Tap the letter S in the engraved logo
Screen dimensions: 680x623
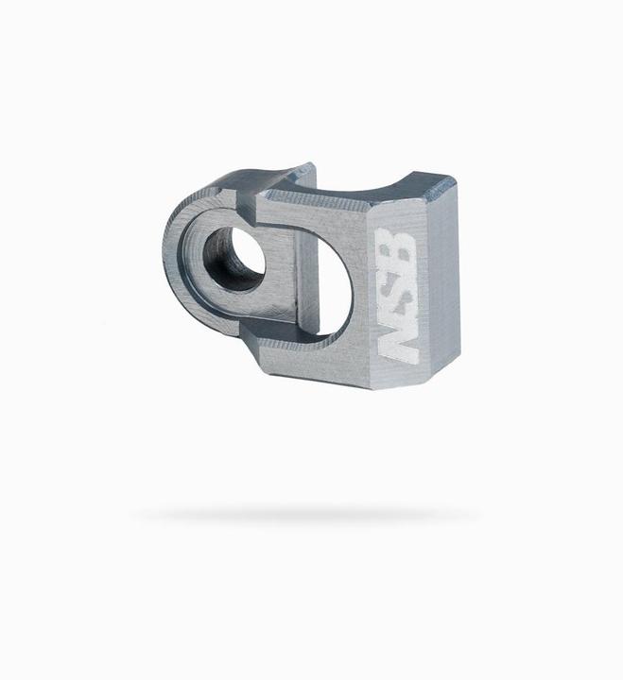[399, 291]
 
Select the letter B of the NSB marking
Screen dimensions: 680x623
[400, 248]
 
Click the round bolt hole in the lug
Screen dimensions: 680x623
[234, 258]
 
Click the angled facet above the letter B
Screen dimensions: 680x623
[397, 208]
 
